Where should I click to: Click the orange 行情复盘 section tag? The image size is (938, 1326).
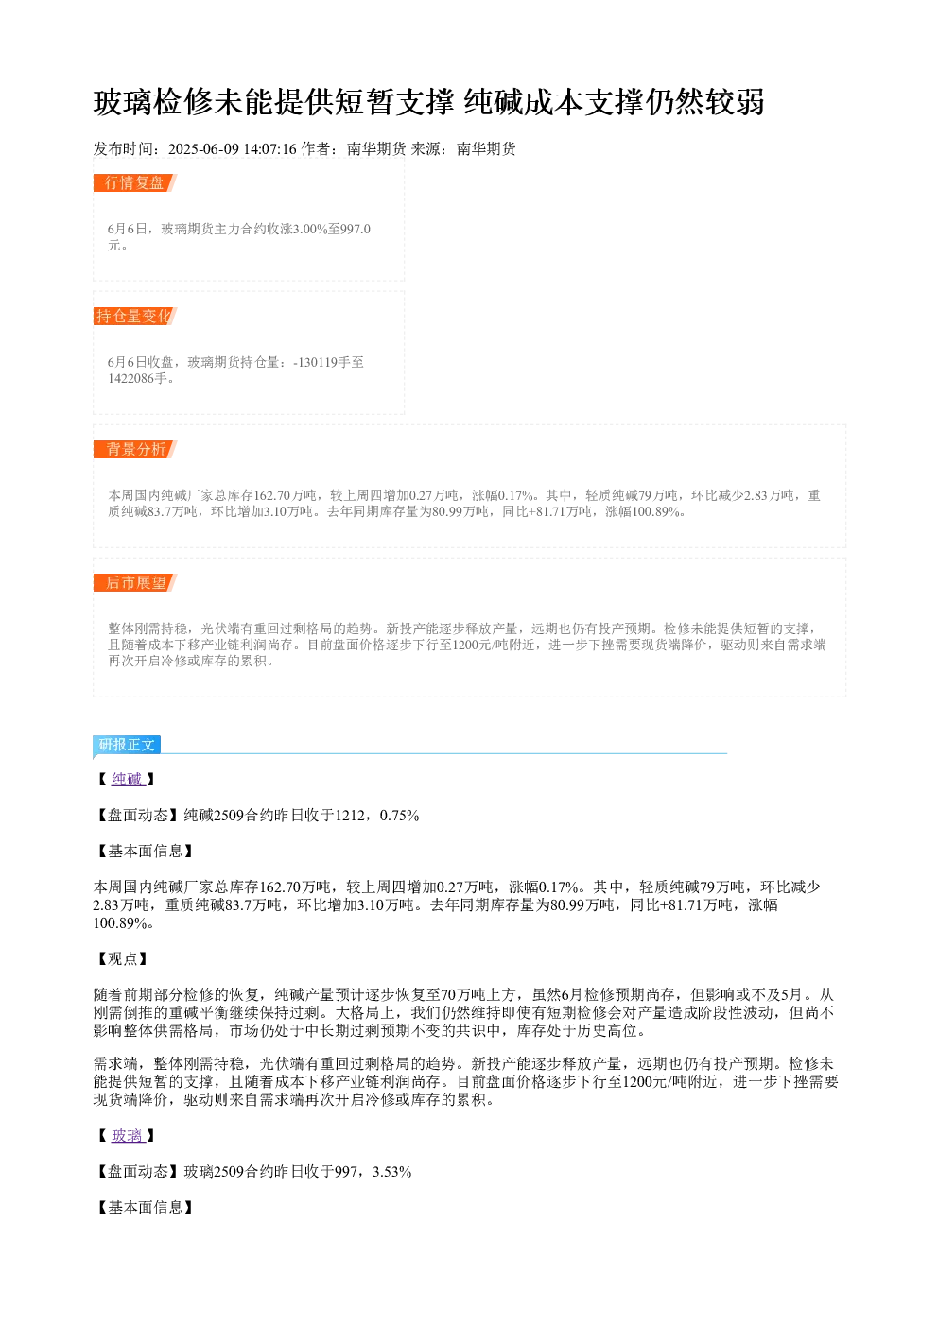tap(135, 183)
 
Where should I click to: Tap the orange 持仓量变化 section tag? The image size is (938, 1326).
tap(135, 316)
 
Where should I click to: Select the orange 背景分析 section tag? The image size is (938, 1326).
tap(135, 449)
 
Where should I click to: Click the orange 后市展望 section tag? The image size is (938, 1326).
tap(135, 582)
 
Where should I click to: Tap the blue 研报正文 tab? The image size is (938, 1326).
tap(127, 745)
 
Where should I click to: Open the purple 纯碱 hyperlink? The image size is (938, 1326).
tap(127, 779)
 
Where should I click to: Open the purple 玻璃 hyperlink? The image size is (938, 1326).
tap(127, 1135)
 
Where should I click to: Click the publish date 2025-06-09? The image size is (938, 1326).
tap(203, 148)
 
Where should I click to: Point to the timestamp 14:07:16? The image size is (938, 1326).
tap(270, 148)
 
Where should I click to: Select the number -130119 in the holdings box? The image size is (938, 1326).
tap(315, 362)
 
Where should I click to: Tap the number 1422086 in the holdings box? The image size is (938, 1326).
tap(130, 378)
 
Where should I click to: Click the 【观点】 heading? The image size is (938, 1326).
tap(123, 958)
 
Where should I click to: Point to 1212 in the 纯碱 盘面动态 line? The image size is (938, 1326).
tap(350, 815)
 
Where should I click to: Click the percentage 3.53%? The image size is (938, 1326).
tap(391, 1172)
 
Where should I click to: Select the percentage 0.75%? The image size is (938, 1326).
tap(399, 815)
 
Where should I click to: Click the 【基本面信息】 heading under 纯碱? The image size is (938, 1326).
tap(146, 851)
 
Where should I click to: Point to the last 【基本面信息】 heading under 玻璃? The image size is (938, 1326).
tap(146, 1207)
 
